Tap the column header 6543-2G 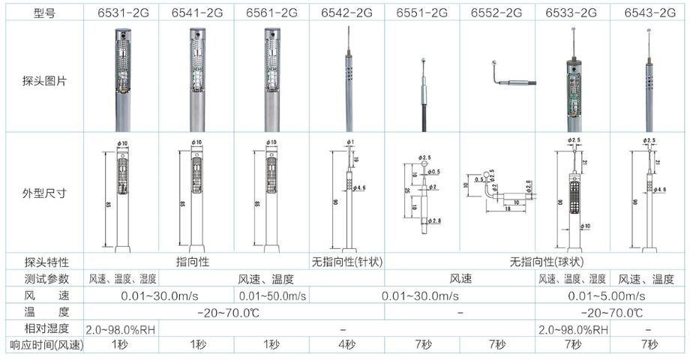click(648, 13)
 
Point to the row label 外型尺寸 click(44, 193)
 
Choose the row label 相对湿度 click(44, 328)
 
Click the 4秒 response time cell click(346, 345)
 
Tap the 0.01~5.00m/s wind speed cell click(610, 295)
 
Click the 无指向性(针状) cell click(346, 262)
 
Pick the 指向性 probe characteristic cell click(196, 262)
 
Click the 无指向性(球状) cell click(535, 262)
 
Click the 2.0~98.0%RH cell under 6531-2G click(121, 328)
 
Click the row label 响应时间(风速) click(44, 345)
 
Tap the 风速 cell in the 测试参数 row click(460, 278)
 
